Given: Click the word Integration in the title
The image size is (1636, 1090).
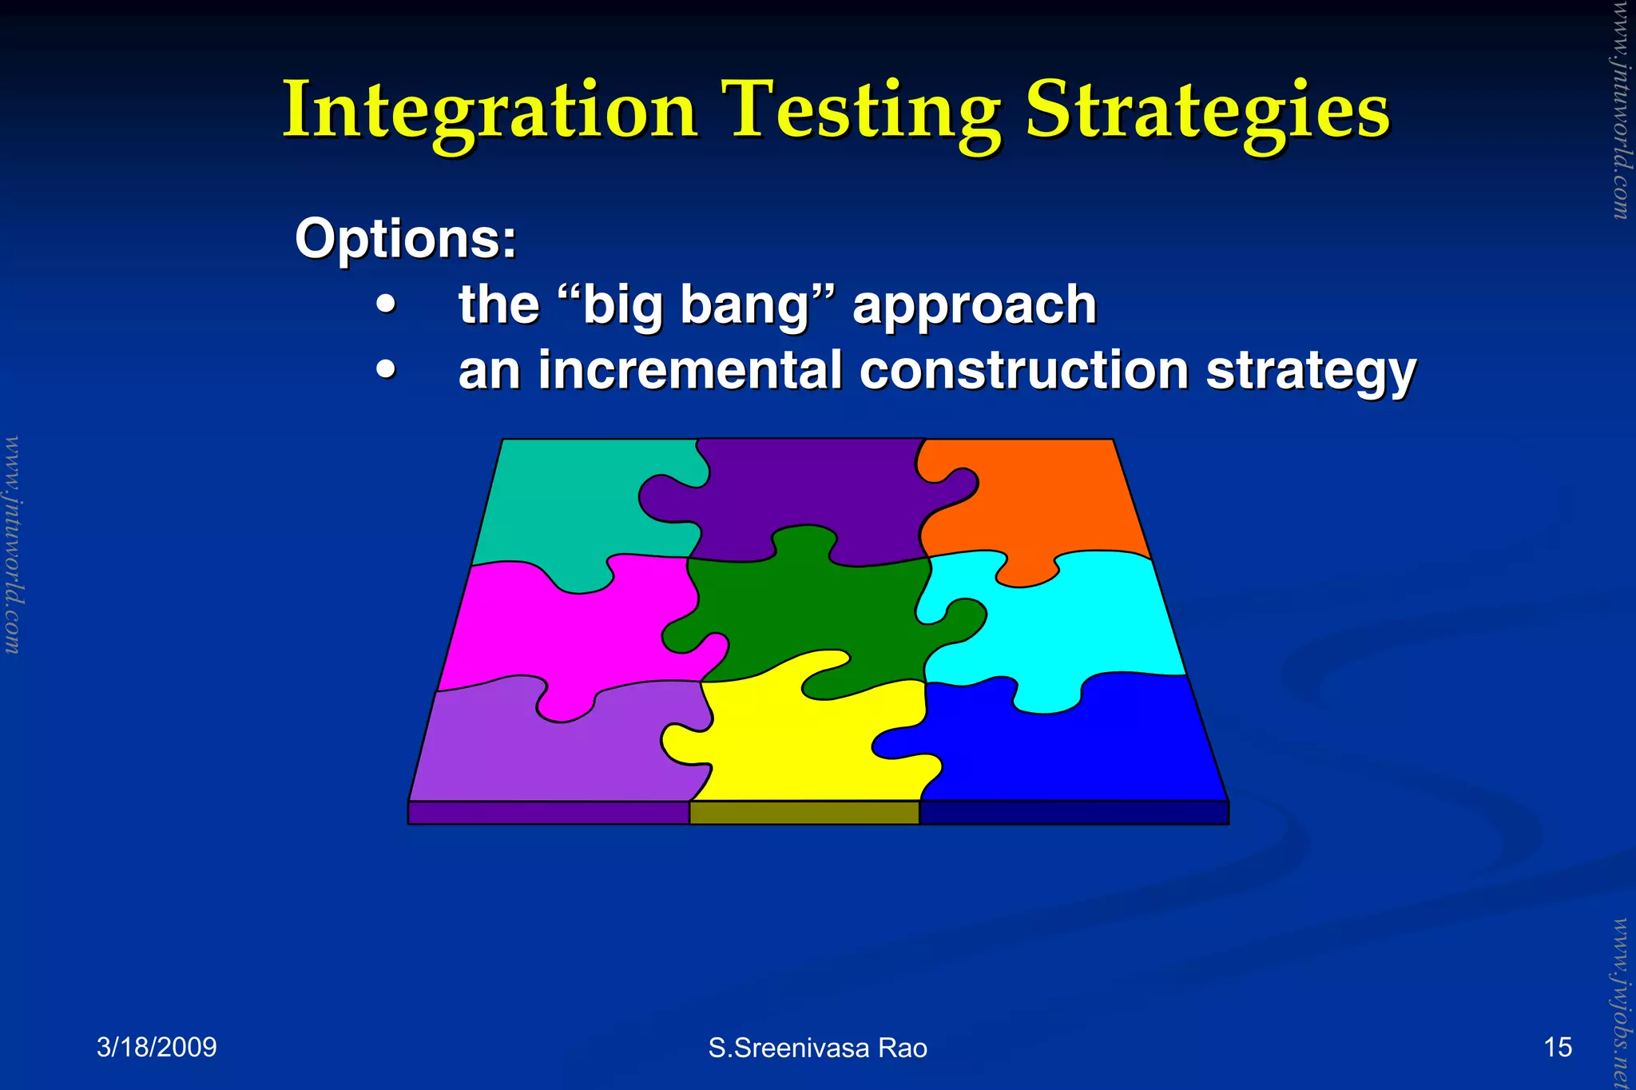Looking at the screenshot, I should coord(490,112).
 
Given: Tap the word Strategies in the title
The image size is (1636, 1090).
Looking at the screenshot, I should coord(1207,112).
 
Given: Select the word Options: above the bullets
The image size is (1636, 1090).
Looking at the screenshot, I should coord(406,238).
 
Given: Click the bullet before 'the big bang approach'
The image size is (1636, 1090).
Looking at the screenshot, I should coord(387,304).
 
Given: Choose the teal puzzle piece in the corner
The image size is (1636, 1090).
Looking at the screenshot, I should coord(559,503).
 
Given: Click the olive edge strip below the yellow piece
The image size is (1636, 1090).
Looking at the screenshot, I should coord(804,813).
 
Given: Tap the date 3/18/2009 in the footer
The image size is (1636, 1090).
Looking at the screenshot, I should coord(157,1047).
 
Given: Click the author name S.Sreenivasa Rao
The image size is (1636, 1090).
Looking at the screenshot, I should coord(817,1048).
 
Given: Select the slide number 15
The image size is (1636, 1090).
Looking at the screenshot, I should coord(1557,1047).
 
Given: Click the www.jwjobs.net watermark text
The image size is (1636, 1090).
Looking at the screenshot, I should coord(1620,1003).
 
